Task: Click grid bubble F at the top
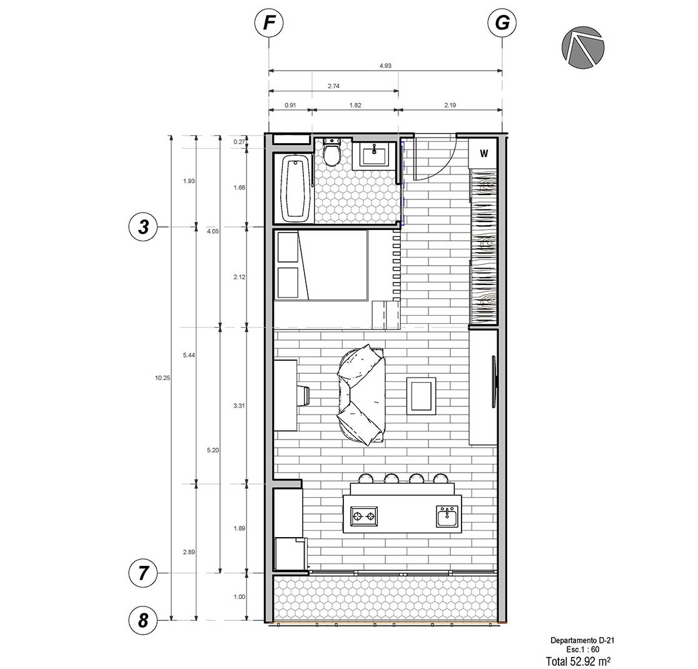[268, 23]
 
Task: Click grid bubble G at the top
[502, 23]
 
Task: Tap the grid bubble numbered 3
[143, 227]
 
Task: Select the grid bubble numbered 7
[143, 573]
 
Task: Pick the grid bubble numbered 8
[143, 620]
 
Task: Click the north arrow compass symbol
[583, 47]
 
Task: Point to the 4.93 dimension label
[385, 66]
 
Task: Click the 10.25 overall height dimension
[163, 378]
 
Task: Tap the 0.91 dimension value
[290, 106]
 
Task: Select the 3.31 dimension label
[239, 406]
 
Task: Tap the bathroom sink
[375, 156]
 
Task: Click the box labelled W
[483, 154]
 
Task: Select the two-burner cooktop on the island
[364, 516]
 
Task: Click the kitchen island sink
[447, 516]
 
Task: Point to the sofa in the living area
[362, 395]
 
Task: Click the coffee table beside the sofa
[421, 396]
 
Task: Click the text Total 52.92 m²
[578, 661]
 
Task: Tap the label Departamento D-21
[582, 640]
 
